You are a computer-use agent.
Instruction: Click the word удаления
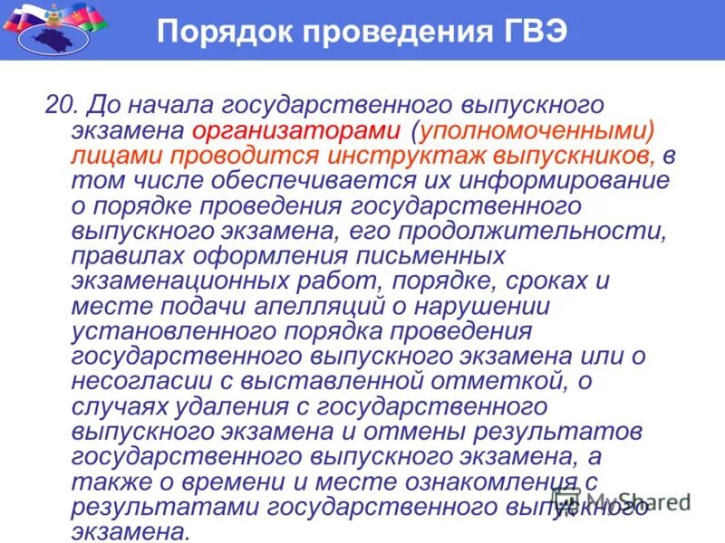(x=219, y=406)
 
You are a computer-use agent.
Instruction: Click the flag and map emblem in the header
(x=54, y=28)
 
